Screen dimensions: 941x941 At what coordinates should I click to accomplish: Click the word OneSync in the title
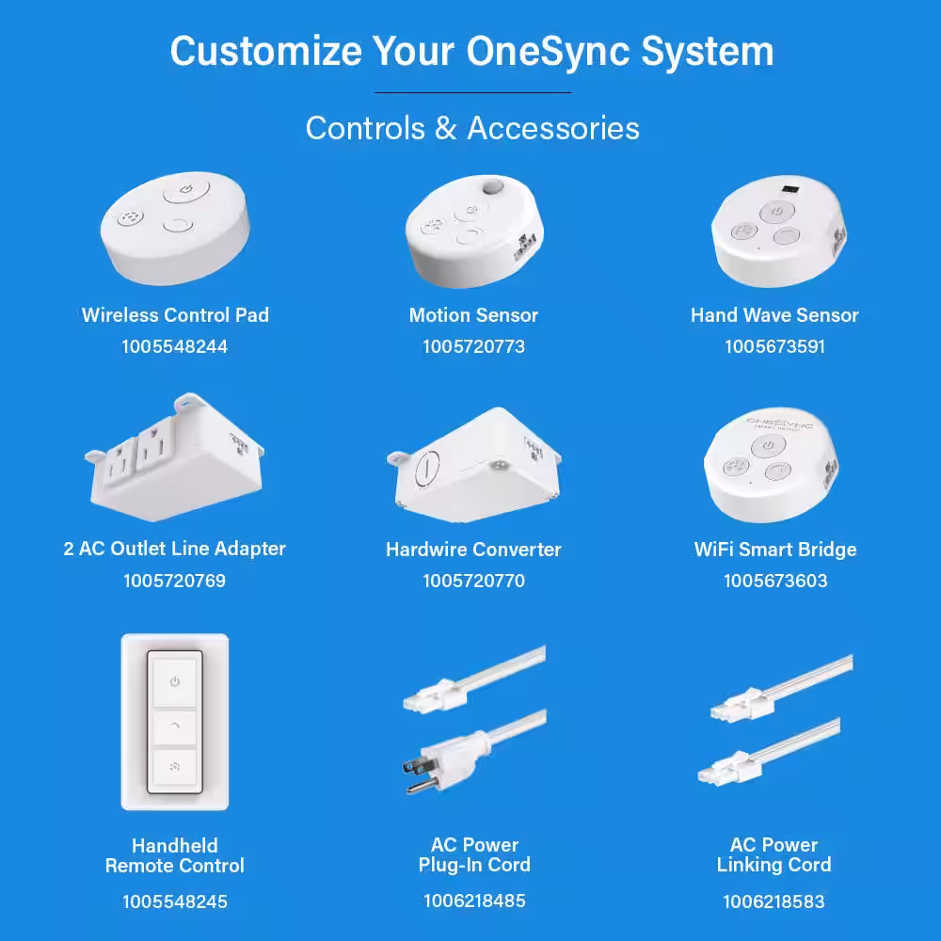(548, 52)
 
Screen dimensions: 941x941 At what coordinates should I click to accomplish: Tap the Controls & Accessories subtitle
(472, 128)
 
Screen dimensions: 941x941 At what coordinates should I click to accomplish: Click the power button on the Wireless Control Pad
(186, 188)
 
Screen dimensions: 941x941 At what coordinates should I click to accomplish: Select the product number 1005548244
(175, 346)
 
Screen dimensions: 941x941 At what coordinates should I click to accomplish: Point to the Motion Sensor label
(473, 315)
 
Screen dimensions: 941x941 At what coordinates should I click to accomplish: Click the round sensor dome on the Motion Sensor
(493, 186)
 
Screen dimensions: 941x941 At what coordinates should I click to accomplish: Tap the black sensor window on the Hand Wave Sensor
(791, 190)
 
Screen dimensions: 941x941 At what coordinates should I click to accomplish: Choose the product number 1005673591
(774, 346)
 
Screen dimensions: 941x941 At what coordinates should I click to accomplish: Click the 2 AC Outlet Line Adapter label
(175, 549)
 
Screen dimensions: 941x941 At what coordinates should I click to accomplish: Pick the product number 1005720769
(175, 581)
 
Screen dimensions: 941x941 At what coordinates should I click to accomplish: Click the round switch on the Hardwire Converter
(427, 468)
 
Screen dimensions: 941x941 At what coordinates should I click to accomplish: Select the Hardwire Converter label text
(473, 550)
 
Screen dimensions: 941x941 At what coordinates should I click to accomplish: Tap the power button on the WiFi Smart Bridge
(768, 446)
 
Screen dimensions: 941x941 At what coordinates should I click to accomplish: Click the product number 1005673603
(775, 581)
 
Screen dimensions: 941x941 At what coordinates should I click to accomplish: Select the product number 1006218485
(474, 901)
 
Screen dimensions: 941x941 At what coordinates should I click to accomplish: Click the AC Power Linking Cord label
(774, 854)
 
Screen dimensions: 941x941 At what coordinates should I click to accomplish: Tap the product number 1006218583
(774, 901)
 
